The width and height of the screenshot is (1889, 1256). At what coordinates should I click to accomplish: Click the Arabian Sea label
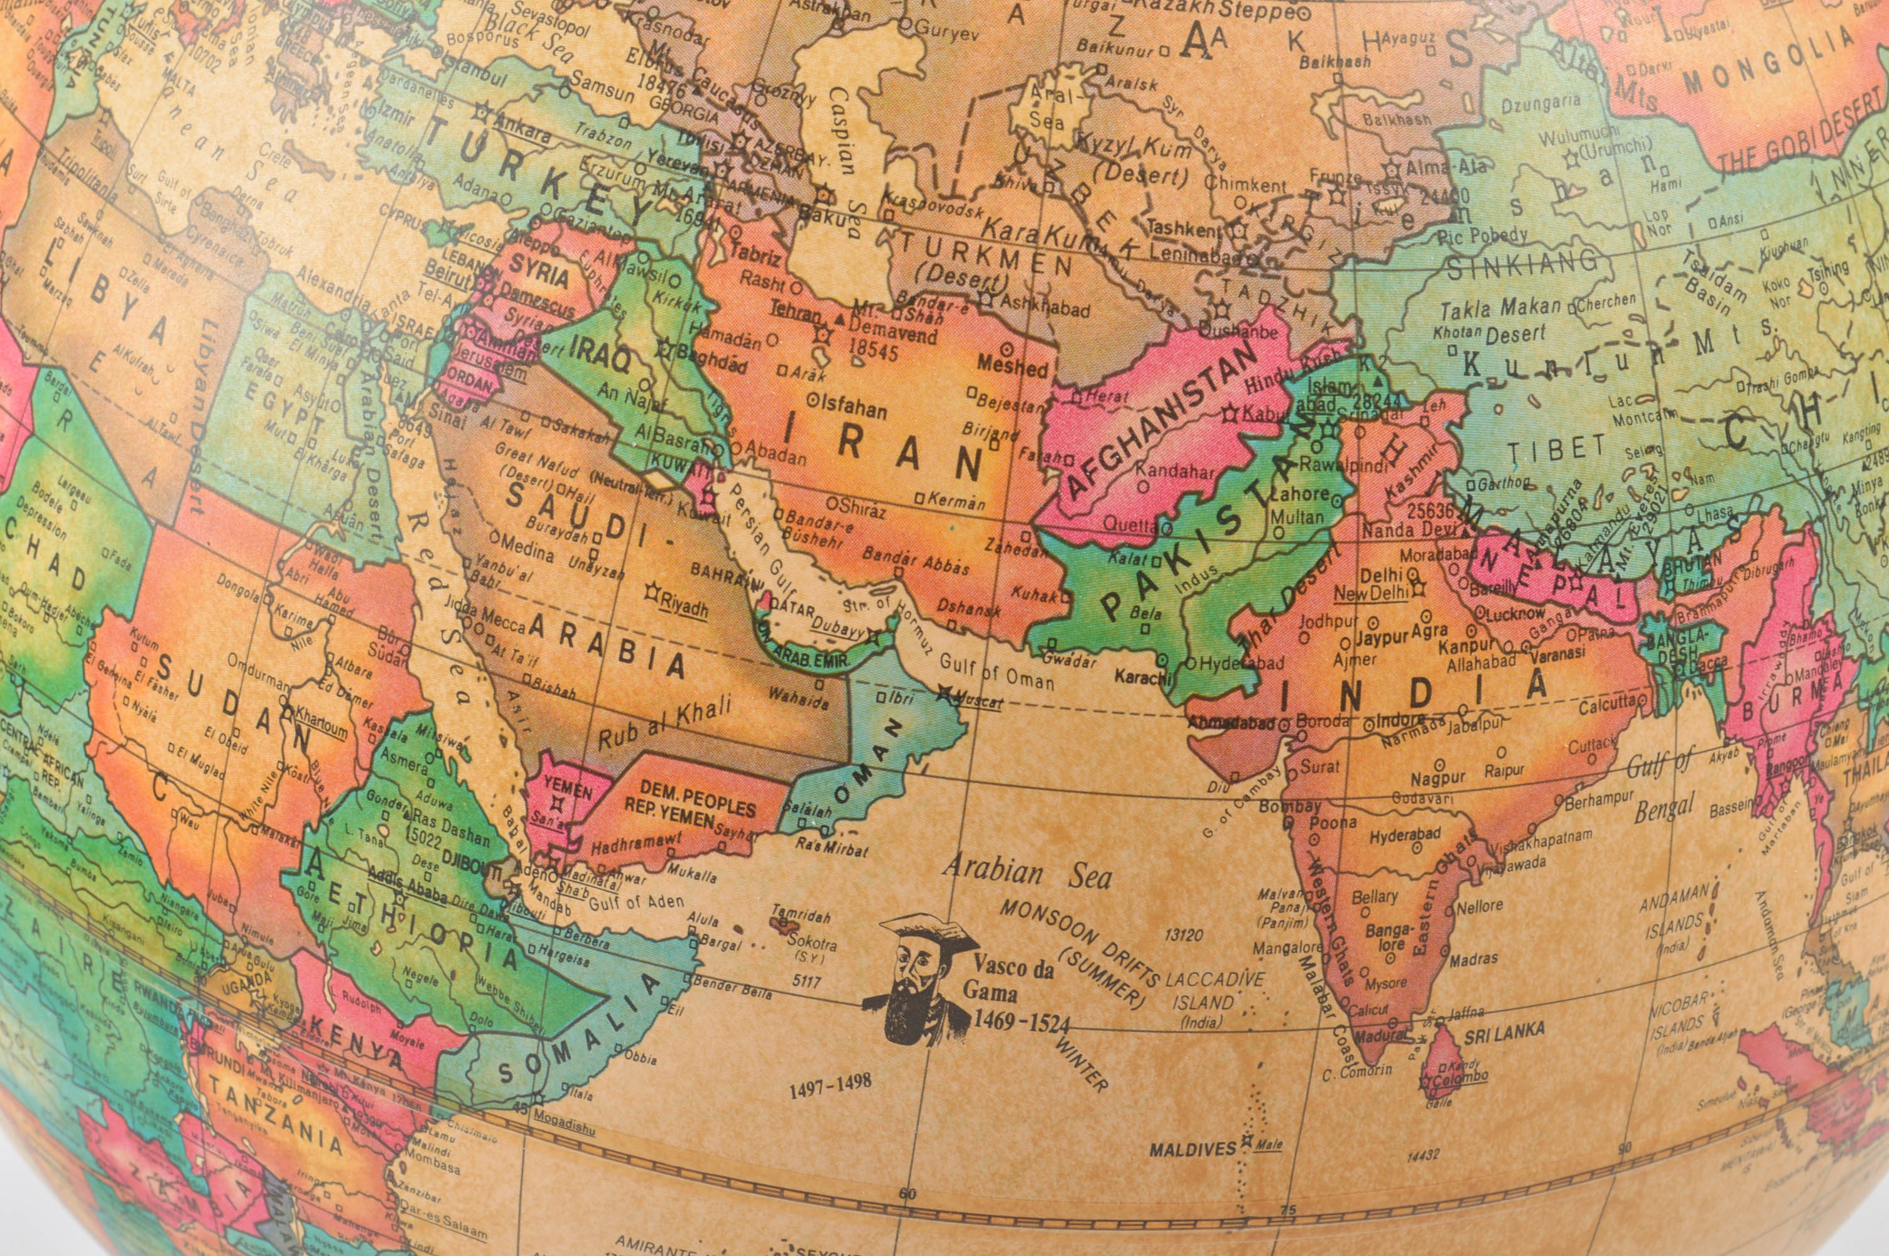tap(1027, 872)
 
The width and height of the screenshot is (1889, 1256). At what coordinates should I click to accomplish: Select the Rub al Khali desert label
tap(664, 723)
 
